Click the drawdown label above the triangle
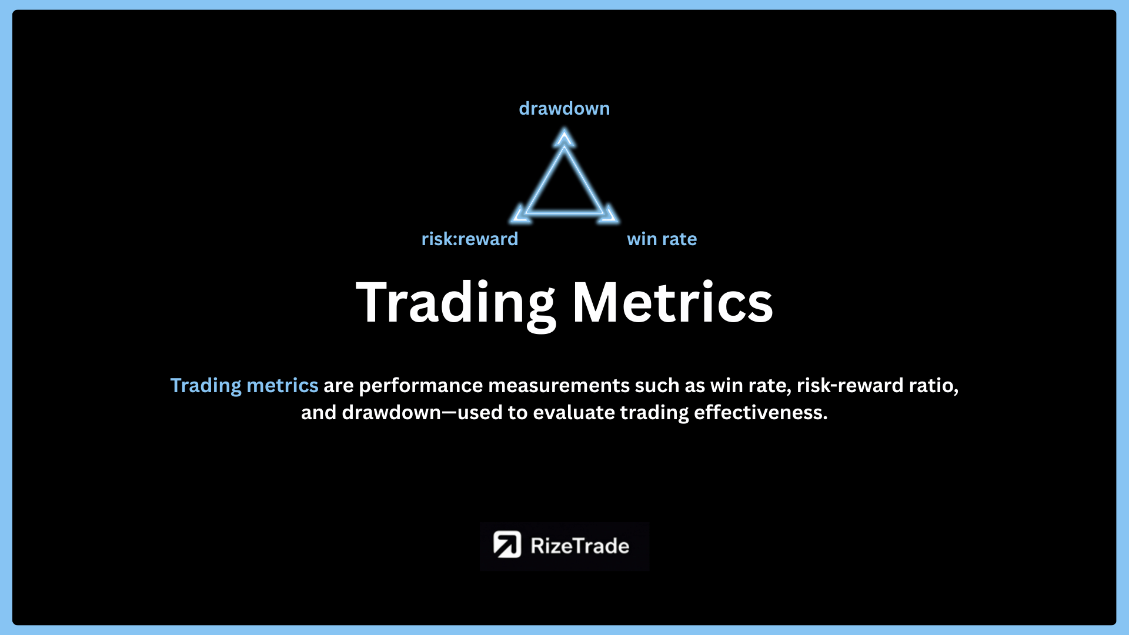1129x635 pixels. [x=564, y=109]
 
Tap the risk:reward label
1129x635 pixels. [x=470, y=239]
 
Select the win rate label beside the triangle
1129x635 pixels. [x=662, y=239]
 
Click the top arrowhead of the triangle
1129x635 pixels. [x=564, y=138]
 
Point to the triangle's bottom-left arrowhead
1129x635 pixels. [x=520, y=214]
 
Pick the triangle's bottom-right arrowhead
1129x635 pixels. [x=608, y=214]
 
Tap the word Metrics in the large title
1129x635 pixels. [x=673, y=302]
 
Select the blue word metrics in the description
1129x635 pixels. [x=282, y=386]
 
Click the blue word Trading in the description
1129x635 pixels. [x=206, y=386]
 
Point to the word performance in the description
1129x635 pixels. [x=421, y=386]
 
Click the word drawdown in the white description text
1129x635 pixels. [x=392, y=413]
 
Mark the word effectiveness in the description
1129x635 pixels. [x=761, y=413]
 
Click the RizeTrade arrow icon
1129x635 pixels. [x=507, y=545]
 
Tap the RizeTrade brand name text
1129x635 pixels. [x=580, y=546]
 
